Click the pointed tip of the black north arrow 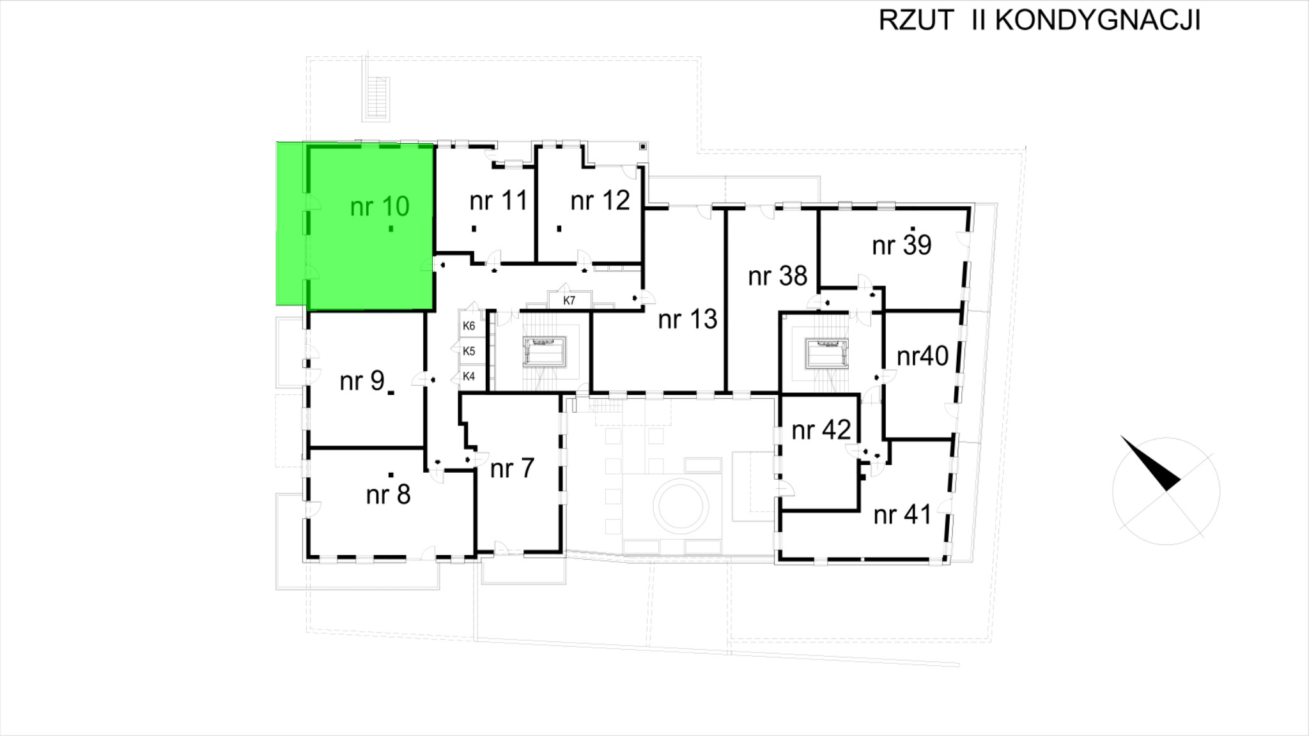[1120, 436]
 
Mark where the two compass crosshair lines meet [1167, 491]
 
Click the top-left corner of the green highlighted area [277, 142]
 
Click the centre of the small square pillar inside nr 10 [391, 228]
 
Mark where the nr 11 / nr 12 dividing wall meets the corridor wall [536, 262]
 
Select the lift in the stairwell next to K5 [545, 352]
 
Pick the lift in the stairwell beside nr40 [826, 353]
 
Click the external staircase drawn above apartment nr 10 [376, 98]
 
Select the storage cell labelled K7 [569, 300]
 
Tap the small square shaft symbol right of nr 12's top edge [642, 146]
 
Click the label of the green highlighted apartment [380, 206]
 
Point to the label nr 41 [902, 514]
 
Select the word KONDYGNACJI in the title [1097, 20]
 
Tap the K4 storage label [469, 376]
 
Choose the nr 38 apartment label [778, 276]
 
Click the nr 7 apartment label [512, 468]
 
